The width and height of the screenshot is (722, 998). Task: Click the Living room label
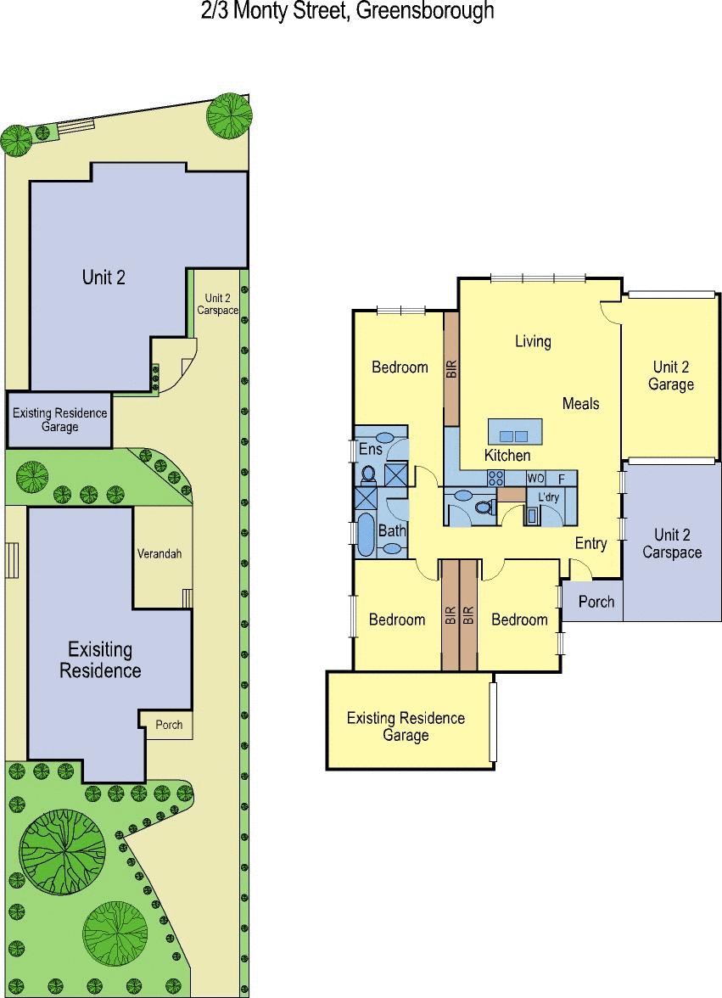(x=533, y=341)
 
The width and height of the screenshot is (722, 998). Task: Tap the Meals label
(x=581, y=404)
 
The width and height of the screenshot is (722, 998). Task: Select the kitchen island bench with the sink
(x=515, y=431)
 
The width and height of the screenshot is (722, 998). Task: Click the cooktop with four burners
(x=495, y=478)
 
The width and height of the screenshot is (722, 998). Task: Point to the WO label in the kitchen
(x=535, y=479)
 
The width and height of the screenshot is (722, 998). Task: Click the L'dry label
(x=548, y=496)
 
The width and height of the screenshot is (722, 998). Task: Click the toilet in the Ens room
(x=367, y=474)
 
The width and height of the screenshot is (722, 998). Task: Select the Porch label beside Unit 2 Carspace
(x=596, y=602)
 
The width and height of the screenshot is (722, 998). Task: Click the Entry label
(x=591, y=543)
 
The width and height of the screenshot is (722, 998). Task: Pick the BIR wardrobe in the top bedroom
(x=451, y=369)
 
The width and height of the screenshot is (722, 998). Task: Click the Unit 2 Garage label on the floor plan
(x=671, y=375)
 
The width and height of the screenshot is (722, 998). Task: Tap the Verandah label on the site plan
(x=160, y=553)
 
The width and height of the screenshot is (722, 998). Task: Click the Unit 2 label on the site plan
(x=104, y=278)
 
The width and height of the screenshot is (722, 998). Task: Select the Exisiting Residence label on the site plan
(x=100, y=660)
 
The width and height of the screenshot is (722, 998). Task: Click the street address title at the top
(x=347, y=11)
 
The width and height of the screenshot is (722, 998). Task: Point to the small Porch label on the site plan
(x=169, y=725)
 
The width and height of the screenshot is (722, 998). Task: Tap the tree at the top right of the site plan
(x=229, y=115)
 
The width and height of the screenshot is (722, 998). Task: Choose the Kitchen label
(x=507, y=456)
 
